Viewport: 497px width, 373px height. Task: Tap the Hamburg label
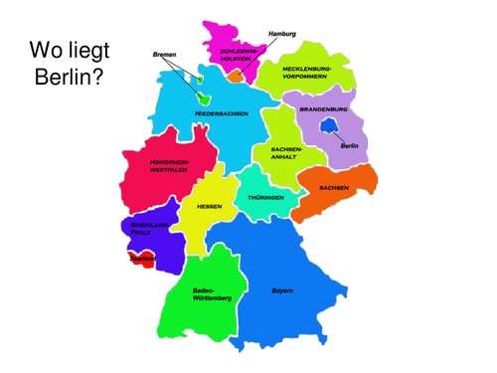click(282, 34)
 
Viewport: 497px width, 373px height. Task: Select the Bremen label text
click(165, 55)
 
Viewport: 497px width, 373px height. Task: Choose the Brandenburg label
click(323, 109)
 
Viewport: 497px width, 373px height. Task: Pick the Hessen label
click(209, 206)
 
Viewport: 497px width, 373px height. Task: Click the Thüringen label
click(265, 198)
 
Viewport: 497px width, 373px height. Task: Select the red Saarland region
click(140, 260)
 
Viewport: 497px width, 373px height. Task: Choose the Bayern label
click(282, 290)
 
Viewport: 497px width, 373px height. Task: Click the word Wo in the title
click(49, 50)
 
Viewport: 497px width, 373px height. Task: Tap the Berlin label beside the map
click(349, 146)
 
